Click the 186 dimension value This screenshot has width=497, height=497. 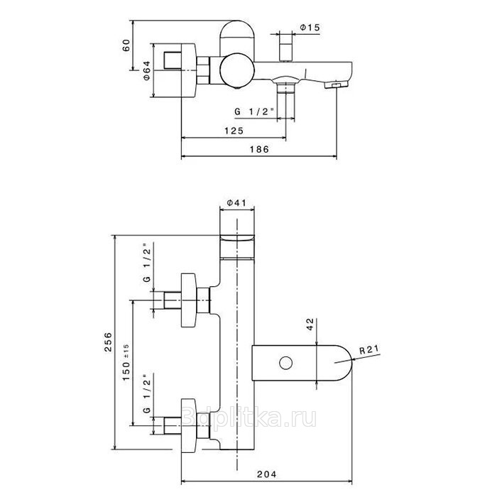(x=259, y=149)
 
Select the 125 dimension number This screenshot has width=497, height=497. (x=234, y=131)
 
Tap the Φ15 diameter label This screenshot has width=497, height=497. (x=310, y=28)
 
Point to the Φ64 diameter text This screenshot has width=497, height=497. (x=146, y=70)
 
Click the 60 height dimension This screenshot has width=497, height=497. (x=126, y=45)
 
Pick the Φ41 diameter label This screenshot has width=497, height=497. (x=236, y=202)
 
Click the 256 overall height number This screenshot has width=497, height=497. (x=109, y=342)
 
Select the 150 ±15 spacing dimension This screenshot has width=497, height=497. (x=126, y=362)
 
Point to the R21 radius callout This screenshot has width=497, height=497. (x=369, y=349)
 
